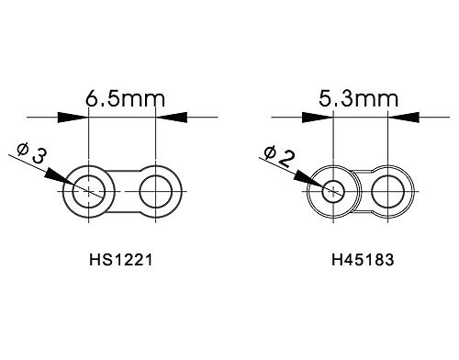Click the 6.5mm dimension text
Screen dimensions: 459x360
pyautogui.click(x=125, y=98)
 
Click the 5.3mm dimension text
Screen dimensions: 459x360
pyautogui.click(x=359, y=98)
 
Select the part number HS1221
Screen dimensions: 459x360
pyautogui.click(x=120, y=260)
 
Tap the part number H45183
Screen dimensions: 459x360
pyautogui.click(x=363, y=260)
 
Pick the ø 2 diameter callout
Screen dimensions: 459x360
pyautogui.click(x=279, y=156)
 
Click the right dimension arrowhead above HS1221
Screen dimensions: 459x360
pyautogui.click(x=172, y=118)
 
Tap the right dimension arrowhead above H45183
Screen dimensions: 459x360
pyautogui.click(x=404, y=118)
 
